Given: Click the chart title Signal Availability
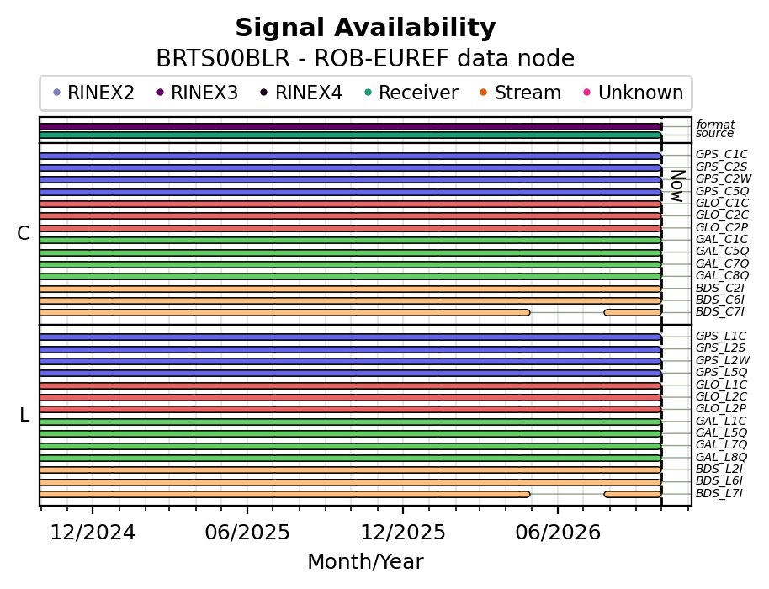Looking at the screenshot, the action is click(365, 28).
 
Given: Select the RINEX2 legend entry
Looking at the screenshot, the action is click(93, 93).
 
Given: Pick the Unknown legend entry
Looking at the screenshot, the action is click(634, 93).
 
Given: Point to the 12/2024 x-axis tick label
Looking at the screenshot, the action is click(93, 532).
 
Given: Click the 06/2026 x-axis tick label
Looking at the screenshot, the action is click(558, 532).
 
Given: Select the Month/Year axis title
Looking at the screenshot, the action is click(365, 561).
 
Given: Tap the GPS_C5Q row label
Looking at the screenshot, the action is click(722, 191).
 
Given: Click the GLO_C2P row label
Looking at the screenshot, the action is click(722, 227).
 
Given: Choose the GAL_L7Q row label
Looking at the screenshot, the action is click(721, 445).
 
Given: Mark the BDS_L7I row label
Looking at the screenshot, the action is click(719, 493).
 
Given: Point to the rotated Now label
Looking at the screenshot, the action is click(678, 186).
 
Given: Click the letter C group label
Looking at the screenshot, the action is click(23, 233).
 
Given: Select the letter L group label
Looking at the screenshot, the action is click(24, 416).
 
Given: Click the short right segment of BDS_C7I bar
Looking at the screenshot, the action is click(634, 312).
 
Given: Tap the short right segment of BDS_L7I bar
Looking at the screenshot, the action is click(634, 495).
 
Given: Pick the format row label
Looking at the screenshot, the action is click(715, 125).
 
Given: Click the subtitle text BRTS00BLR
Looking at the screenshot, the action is click(223, 59).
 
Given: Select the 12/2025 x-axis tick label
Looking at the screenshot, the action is click(403, 532).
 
